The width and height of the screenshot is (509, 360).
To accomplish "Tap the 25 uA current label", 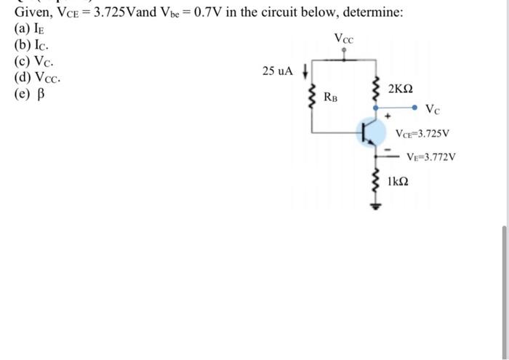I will pyautogui.click(x=278, y=71).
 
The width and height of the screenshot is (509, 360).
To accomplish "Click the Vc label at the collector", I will pyautogui.click(x=432, y=111).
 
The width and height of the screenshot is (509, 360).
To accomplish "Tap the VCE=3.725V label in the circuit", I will pyautogui.click(x=423, y=134).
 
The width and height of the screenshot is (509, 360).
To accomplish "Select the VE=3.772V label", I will pyautogui.click(x=430, y=156).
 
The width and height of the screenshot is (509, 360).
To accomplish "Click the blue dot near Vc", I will pyautogui.click(x=415, y=109).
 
